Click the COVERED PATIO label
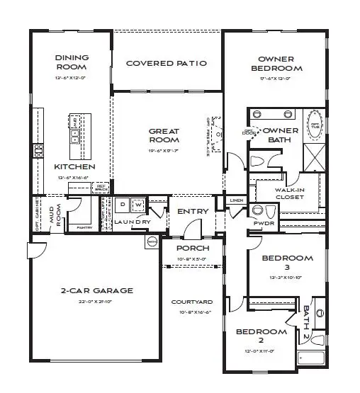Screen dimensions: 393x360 tap(167, 63)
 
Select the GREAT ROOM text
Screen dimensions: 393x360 tap(164, 135)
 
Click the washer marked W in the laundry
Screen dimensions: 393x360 tap(137, 205)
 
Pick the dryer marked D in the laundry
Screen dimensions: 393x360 tap(123, 205)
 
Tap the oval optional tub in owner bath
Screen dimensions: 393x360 tap(314, 127)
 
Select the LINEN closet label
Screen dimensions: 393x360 tap(237, 201)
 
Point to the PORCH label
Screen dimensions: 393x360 tap(193, 249)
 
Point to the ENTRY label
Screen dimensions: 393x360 tap(193, 211)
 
